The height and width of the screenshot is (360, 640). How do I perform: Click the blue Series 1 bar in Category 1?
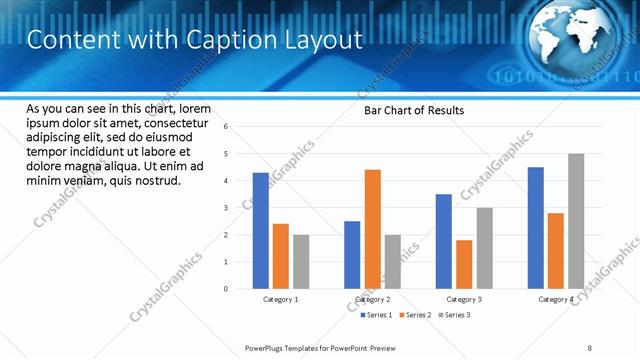(x=260, y=231)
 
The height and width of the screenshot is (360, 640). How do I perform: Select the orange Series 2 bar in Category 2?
(x=372, y=229)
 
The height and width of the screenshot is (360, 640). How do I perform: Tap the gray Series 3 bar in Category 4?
(x=575, y=221)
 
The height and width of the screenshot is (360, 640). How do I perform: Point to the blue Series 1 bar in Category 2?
(x=352, y=255)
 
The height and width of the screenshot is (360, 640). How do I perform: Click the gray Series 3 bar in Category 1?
(x=301, y=262)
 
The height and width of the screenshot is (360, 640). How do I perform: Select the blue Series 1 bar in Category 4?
(x=535, y=228)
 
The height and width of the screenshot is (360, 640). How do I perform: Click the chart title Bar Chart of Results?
(x=413, y=110)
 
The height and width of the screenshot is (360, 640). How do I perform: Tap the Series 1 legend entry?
(x=376, y=315)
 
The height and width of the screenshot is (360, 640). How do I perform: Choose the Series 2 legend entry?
(x=416, y=315)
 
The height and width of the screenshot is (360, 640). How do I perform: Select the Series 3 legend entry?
(x=455, y=315)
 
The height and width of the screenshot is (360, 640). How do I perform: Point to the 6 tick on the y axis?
(x=227, y=127)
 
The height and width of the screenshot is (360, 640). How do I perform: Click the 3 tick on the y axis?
(x=227, y=208)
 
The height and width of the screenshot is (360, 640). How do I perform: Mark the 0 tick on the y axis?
(x=227, y=289)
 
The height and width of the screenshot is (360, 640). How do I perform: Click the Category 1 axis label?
(x=281, y=299)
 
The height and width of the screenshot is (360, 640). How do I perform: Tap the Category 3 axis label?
(x=464, y=299)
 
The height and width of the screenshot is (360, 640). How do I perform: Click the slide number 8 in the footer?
(x=589, y=347)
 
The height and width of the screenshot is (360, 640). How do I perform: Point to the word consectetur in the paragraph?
(x=175, y=123)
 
